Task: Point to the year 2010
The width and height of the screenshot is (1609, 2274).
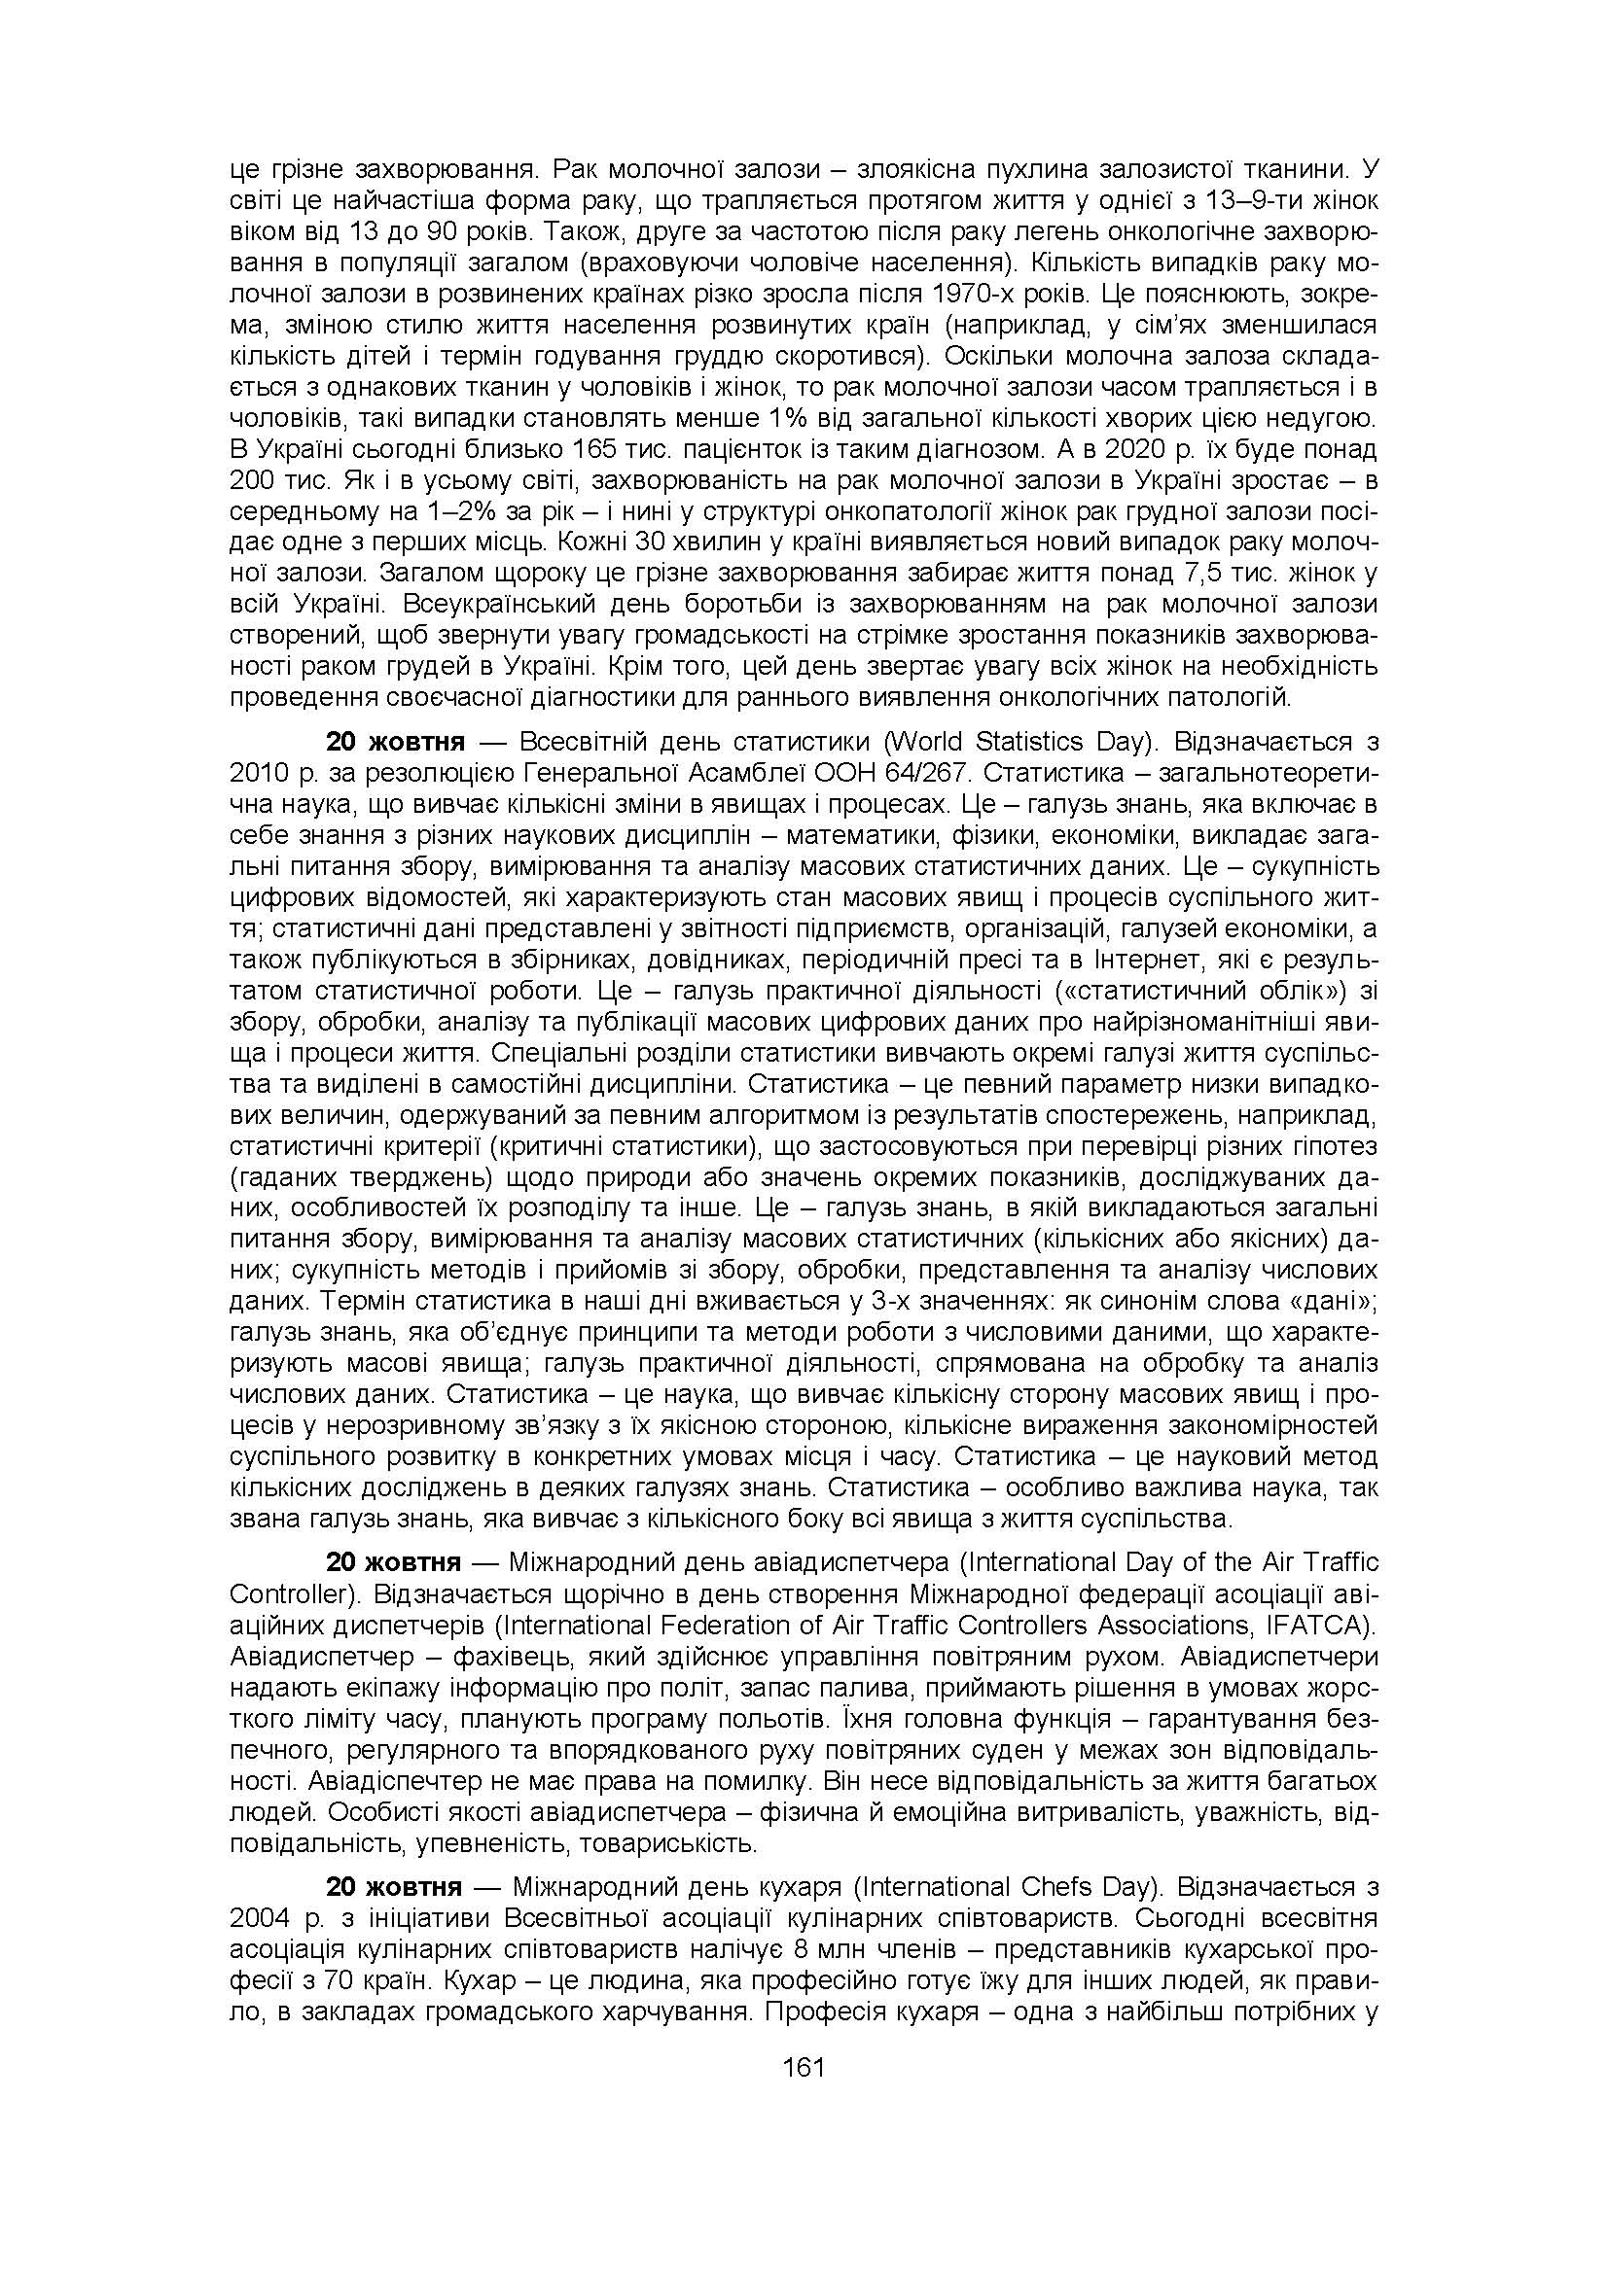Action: click(259, 773)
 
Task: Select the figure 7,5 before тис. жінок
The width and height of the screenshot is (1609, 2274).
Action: click(1205, 574)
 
